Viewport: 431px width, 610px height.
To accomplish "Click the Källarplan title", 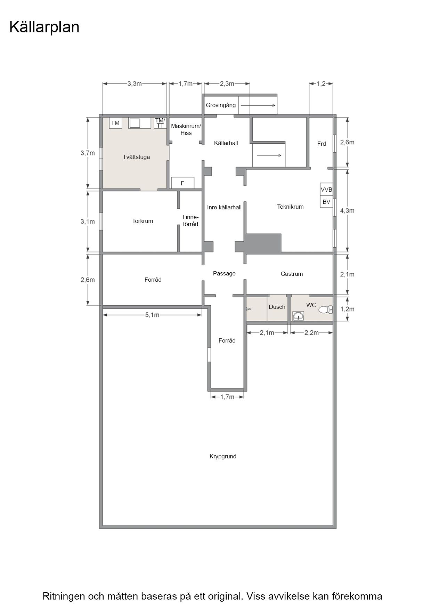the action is pyautogui.click(x=44, y=27).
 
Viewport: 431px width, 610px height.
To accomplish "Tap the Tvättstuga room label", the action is pyautogui.click(x=136, y=157).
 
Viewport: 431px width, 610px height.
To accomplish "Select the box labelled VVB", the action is pyautogui.click(x=326, y=190).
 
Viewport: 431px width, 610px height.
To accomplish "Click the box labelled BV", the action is pyautogui.click(x=326, y=202).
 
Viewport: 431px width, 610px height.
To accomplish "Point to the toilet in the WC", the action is pyautogui.click(x=326, y=309).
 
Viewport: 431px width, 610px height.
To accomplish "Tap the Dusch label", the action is pyautogui.click(x=277, y=307).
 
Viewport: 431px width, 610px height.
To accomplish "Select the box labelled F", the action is pyautogui.click(x=182, y=183).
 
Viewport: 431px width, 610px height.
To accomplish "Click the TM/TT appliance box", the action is pyautogui.click(x=160, y=123).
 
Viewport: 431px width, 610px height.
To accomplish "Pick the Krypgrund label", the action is pyautogui.click(x=223, y=456).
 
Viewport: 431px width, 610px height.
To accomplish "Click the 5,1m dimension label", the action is pyautogui.click(x=152, y=315).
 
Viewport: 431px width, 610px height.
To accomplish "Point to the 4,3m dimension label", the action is pyautogui.click(x=347, y=210).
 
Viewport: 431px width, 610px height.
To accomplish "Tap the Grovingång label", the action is pyautogui.click(x=221, y=105).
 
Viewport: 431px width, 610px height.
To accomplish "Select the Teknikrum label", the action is pyautogui.click(x=290, y=207).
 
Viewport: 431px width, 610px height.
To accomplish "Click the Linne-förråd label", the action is pyautogui.click(x=190, y=220).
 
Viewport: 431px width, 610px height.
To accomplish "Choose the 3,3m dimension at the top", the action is pyautogui.click(x=135, y=83).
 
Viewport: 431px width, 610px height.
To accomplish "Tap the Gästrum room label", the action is pyautogui.click(x=292, y=274).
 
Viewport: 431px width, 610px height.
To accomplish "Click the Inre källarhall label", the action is pyautogui.click(x=224, y=207).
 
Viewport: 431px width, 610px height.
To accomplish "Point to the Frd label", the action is pyautogui.click(x=322, y=144).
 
